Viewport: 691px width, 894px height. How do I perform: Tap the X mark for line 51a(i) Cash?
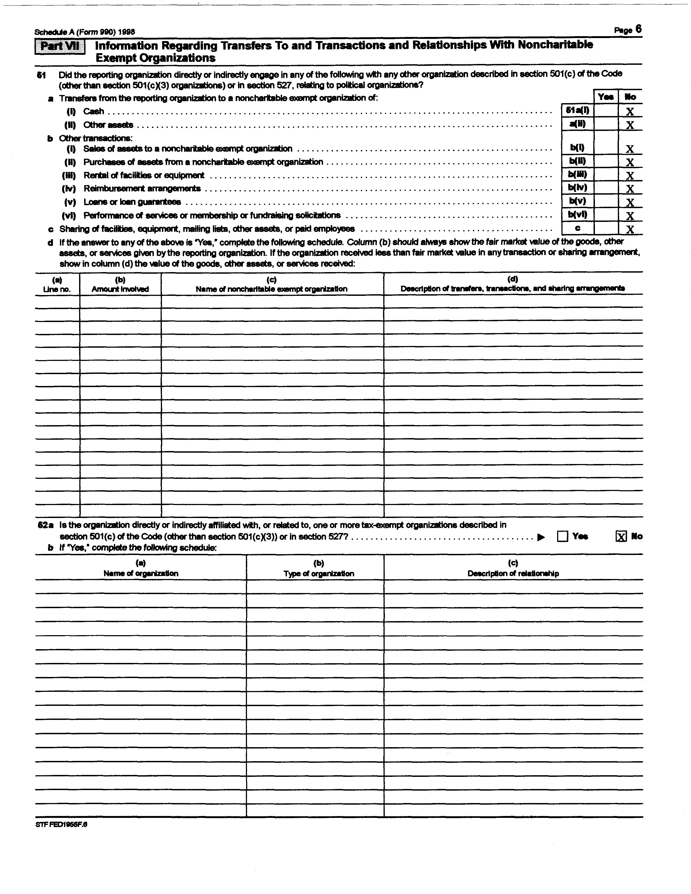click(630, 111)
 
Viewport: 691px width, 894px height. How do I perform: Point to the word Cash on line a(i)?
click(94, 111)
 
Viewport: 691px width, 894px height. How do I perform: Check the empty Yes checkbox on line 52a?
click(563, 536)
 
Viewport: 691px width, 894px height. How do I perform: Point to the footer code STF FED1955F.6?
click(61, 824)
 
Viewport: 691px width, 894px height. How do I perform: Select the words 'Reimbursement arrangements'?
click(142, 189)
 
